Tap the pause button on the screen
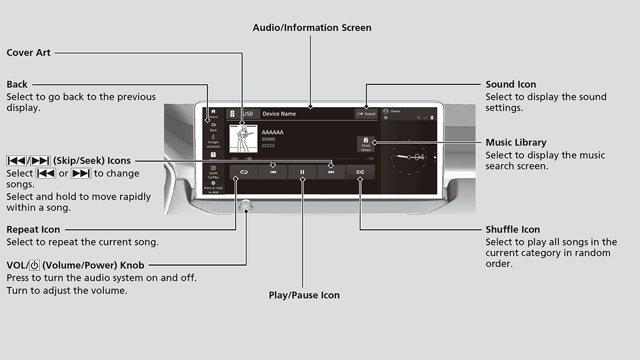point(302,172)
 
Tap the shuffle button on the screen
point(361,172)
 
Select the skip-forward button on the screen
point(331,172)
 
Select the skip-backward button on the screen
point(273,172)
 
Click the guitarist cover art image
point(243,139)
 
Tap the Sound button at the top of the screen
point(366,114)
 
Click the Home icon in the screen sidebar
point(213,113)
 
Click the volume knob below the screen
point(246,205)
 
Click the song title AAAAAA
point(273,132)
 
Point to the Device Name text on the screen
point(279,114)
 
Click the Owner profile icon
point(386,111)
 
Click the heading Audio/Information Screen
point(312,28)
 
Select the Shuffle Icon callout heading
point(513,229)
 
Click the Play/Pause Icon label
point(304,295)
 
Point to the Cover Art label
point(28,53)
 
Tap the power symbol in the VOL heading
point(35,265)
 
